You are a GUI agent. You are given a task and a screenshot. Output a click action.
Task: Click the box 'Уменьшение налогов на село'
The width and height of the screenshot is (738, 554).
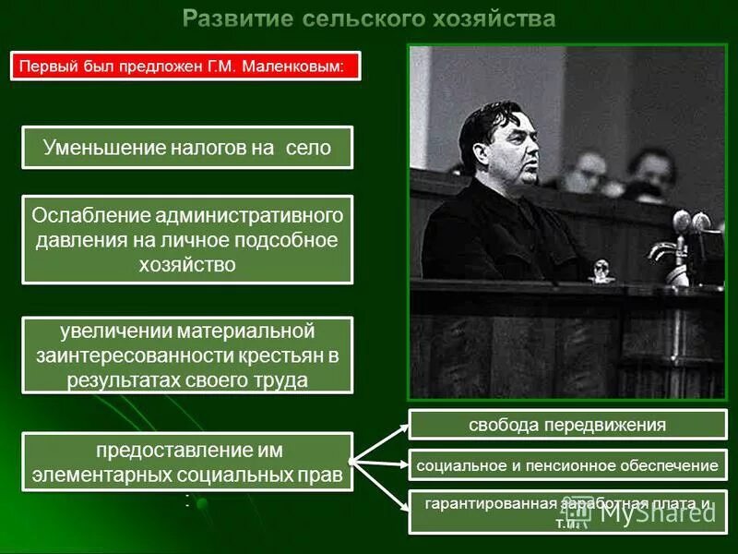(x=187, y=147)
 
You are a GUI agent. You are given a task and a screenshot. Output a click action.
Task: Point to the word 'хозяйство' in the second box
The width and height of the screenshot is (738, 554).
(x=187, y=264)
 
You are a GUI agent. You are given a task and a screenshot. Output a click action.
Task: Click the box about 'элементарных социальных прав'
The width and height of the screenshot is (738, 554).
(x=187, y=464)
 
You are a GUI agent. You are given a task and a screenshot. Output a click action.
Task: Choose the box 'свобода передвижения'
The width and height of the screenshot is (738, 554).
(x=566, y=425)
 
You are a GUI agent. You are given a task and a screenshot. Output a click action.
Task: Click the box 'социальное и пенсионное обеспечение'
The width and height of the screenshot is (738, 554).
(x=566, y=466)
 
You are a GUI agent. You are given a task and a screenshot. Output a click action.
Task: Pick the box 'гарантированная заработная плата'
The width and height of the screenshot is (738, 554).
(x=566, y=511)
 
